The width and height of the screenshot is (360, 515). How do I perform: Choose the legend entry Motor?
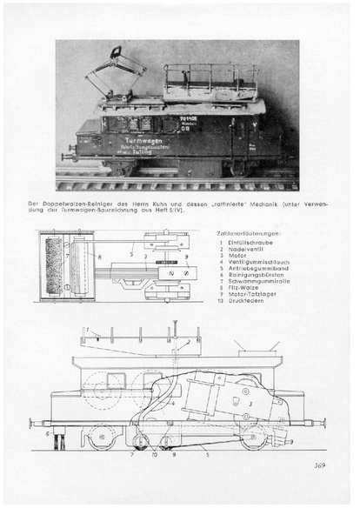(x=237, y=258)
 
